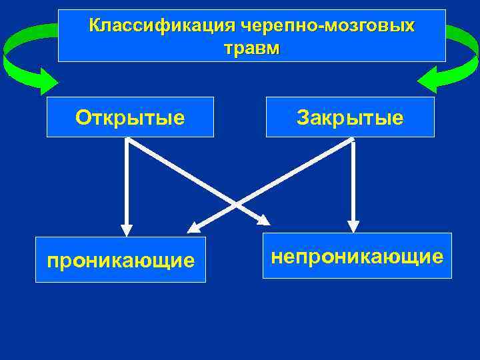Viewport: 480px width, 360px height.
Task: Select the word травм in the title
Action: pyautogui.click(x=252, y=49)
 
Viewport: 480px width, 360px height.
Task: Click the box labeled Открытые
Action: pyautogui.click(x=130, y=117)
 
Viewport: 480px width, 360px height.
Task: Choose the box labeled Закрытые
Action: pyautogui.click(x=350, y=117)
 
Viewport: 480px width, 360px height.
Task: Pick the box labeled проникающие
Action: pyautogui.click(x=121, y=259)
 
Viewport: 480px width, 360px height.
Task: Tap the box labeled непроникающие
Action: pyautogui.click(x=357, y=255)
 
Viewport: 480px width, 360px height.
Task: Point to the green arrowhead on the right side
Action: pyautogui.click(x=430, y=80)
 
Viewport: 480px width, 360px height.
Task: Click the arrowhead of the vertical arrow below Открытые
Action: pyautogui.click(x=127, y=229)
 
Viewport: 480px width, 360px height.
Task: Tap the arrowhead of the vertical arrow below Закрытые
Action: pyautogui.click(x=353, y=227)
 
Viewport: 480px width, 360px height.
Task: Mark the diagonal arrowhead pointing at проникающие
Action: pyautogui.click(x=194, y=227)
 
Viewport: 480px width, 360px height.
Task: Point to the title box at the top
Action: pyautogui.click(x=252, y=35)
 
